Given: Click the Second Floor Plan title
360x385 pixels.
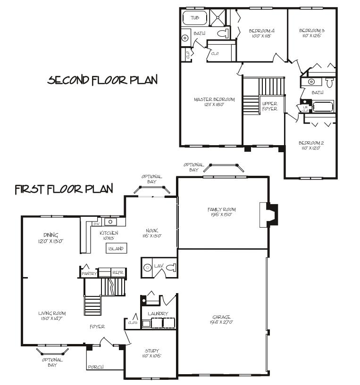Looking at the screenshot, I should pyautogui.click(x=102, y=80).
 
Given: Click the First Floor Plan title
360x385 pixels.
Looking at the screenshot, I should pyautogui.click(x=64, y=189).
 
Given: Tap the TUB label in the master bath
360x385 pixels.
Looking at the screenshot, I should pyautogui.click(x=194, y=18).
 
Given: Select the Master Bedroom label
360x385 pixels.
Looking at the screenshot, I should pyautogui.click(x=214, y=99).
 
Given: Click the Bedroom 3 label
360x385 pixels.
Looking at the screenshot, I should pyautogui.click(x=312, y=31).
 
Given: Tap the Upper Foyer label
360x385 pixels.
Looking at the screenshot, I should pyautogui.click(x=270, y=106).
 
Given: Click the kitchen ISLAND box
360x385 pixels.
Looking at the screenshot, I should pyautogui.click(x=116, y=248).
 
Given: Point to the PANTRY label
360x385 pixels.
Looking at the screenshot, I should pyautogui.click(x=89, y=273).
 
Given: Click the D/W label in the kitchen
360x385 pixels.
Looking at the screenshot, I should pyautogui.click(x=96, y=224).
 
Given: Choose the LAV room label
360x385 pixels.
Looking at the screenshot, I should pyautogui.click(x=159, y=266).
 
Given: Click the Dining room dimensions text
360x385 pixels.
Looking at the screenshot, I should pyautogui.click(x=51, y=240).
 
